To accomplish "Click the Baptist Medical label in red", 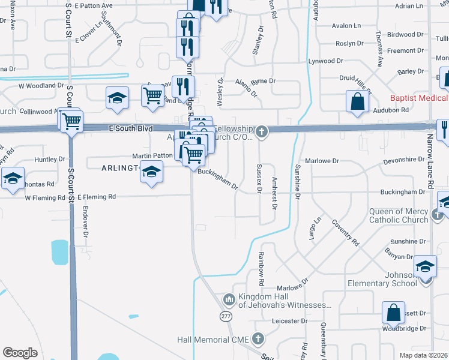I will coord(419,98).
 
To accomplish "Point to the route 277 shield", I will coord(226,316).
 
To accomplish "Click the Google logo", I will coord(20,353).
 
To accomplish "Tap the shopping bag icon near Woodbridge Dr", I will coord(394,313).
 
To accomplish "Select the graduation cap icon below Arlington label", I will coord(152,173).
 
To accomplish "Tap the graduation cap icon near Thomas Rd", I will coord(12,179).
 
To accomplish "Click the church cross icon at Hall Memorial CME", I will coord(259,339).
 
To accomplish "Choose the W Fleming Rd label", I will coord(45,197).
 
